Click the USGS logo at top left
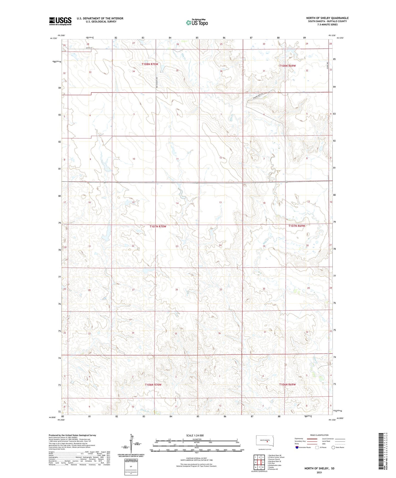click(60, 21)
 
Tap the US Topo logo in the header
click(196, 22)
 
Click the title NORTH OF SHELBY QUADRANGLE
click(327, 18)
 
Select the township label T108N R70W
click(150, 64)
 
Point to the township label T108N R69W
click(287, 66)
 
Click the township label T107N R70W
click(158, 226)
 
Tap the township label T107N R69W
click(297, 226)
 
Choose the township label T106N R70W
click(153, 385)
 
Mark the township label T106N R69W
click(287, 384)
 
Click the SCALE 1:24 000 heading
click(195, 435)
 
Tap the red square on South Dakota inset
click(267, 441)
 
